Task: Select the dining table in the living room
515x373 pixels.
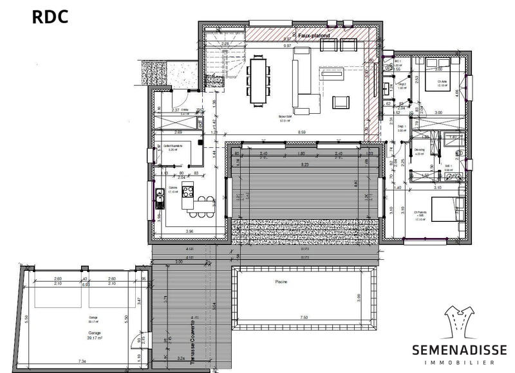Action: tap(259, 80)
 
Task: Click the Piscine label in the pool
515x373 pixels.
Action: tap(281, 282)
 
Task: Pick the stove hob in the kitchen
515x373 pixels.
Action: tap(188, 190)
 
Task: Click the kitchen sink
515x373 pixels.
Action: tap(158, 199)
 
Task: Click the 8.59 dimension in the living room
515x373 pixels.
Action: tap(301, 132)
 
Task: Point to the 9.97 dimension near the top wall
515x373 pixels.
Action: tap(286, 46)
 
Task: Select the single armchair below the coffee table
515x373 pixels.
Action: tap(340, 102)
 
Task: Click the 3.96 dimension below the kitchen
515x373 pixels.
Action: tap(190, 231)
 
